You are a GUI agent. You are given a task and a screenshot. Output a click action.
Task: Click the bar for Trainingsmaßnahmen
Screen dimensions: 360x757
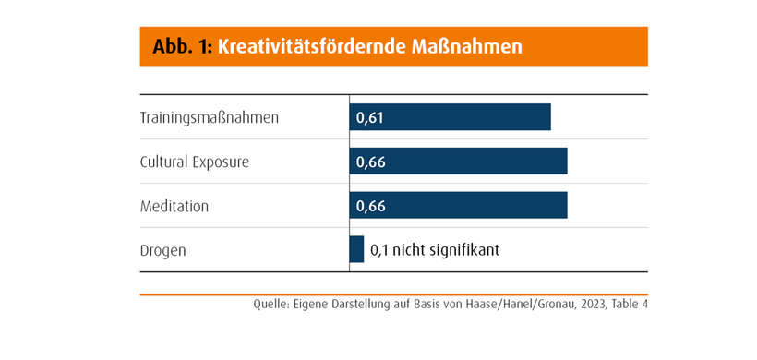pos(450,117)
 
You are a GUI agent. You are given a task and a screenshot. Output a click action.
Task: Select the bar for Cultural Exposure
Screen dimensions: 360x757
pos(458,162)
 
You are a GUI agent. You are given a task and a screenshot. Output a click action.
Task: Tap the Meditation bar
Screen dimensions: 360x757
pos(458,206)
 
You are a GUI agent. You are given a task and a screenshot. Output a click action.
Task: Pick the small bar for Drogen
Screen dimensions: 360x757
pos(356,249)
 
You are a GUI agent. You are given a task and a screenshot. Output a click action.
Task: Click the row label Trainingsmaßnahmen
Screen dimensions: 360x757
pos(209,117)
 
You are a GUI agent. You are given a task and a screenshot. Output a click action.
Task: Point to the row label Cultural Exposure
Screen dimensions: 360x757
pos(195,162)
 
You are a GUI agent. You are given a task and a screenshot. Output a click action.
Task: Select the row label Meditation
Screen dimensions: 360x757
pos(174,206)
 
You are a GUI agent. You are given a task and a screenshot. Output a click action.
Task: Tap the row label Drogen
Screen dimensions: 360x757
pos(162,250)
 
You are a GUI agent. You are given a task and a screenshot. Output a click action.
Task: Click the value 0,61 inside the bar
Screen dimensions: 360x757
pos(370,117)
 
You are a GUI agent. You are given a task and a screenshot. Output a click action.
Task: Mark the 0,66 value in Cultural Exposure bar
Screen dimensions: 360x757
pos(370,162)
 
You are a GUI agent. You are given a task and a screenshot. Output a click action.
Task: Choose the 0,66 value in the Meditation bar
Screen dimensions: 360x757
pos(370,206)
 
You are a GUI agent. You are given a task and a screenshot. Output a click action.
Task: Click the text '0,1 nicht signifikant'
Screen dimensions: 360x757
pos(435,249)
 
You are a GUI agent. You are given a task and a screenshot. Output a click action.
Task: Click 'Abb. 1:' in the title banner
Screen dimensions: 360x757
pos(175,46)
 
